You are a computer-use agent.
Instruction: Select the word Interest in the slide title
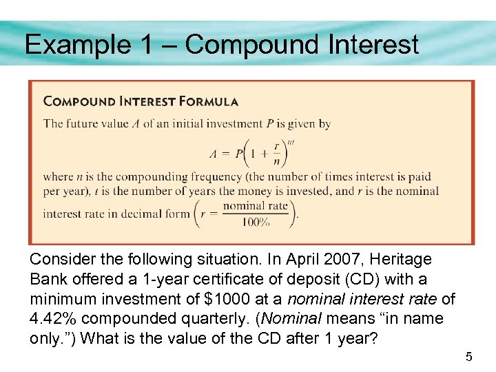coord(372,45)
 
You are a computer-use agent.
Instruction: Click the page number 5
coord(468,357)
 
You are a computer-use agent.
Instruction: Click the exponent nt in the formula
coord(291,141)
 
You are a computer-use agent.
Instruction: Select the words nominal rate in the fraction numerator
coord(256,206)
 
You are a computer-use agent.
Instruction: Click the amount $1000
coord(220,299)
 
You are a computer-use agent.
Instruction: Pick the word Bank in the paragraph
coord(48,280)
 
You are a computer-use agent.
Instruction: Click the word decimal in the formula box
coord(134,214)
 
